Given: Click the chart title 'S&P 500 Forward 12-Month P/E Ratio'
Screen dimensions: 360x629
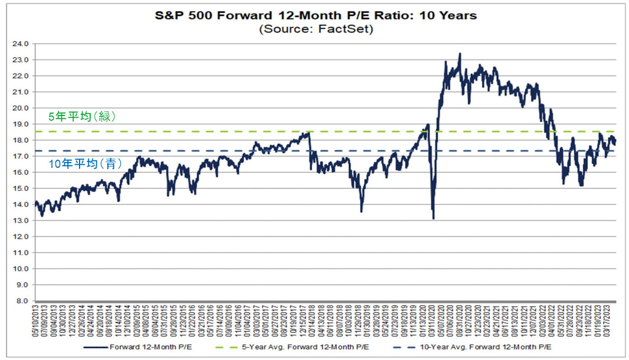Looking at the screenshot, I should tap(315, 16).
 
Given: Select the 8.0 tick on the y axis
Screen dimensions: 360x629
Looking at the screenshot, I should tap(22, 300).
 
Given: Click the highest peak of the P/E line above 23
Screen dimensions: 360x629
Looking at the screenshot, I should tap(460, 54).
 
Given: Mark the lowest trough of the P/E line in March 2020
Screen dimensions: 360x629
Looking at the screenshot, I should tap(433, 218).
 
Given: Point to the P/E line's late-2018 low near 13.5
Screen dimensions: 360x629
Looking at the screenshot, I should tap(361, 211).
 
